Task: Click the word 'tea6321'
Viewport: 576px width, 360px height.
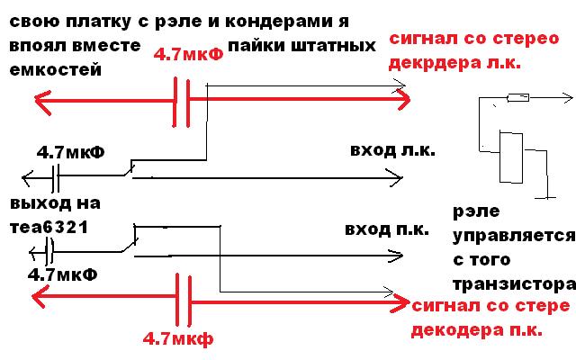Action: [49, 227]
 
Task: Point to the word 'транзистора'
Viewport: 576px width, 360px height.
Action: [512, 283]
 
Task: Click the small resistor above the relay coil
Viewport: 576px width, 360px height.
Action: [518, 98]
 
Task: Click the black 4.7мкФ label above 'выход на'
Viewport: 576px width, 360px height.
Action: [70, 152]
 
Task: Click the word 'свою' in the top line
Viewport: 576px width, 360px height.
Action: [32, 18]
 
